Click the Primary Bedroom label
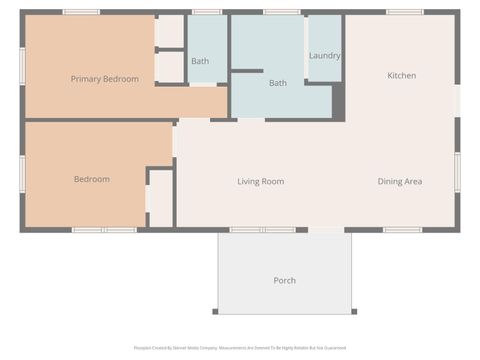(x=104, y=78)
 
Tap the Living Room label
(x=260, y=181)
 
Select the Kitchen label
(x=402, y=75)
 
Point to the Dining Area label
(x=399, y=181)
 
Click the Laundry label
(x=324, y=56)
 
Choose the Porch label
(x=284, y=280)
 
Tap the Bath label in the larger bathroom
(x=278, y=82)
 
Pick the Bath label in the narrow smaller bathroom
(x=200, y=61)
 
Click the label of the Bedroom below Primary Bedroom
(x=92, y=179)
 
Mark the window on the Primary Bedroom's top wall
(x=81, y=12)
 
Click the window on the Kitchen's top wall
(x=404, y=12)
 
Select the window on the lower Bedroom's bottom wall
(x=104, y=230)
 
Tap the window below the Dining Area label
(x=402, y=230)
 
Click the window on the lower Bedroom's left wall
(x=22, y=173)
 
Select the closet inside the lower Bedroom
(x=160, y=198)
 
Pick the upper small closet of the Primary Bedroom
(x=170, y=32)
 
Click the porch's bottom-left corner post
(x=220, y=311)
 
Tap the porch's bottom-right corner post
(x=353, y=311)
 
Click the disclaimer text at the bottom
(x=240, y=348)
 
